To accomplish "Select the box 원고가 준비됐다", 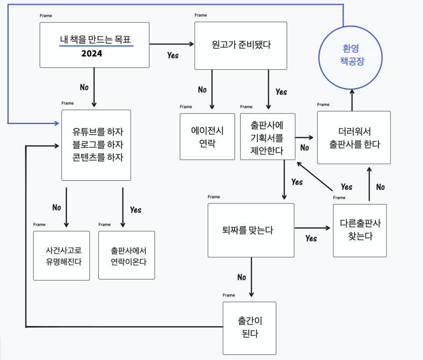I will [241, 46].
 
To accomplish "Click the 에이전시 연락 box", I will [207, 137].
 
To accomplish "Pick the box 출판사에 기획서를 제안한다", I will [267, 137].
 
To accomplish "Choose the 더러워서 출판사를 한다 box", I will [354, 138].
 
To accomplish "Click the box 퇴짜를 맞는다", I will [251, 230].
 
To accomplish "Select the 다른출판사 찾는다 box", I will [360, 230].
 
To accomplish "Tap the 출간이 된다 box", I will [249, 328].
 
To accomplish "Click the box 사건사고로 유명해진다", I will [61, 255].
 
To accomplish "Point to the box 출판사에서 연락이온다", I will [127, 255].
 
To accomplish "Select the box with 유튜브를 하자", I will [96, 145].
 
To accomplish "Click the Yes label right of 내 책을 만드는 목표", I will [173, 55].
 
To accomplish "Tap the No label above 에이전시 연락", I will [202, 90].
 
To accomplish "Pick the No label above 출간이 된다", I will [242, 277].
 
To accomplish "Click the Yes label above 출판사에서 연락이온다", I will [136, 210].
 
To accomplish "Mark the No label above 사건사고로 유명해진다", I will [57, 208].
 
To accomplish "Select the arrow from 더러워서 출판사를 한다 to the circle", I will [353, 99].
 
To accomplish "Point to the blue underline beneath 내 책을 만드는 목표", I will [96, 46].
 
